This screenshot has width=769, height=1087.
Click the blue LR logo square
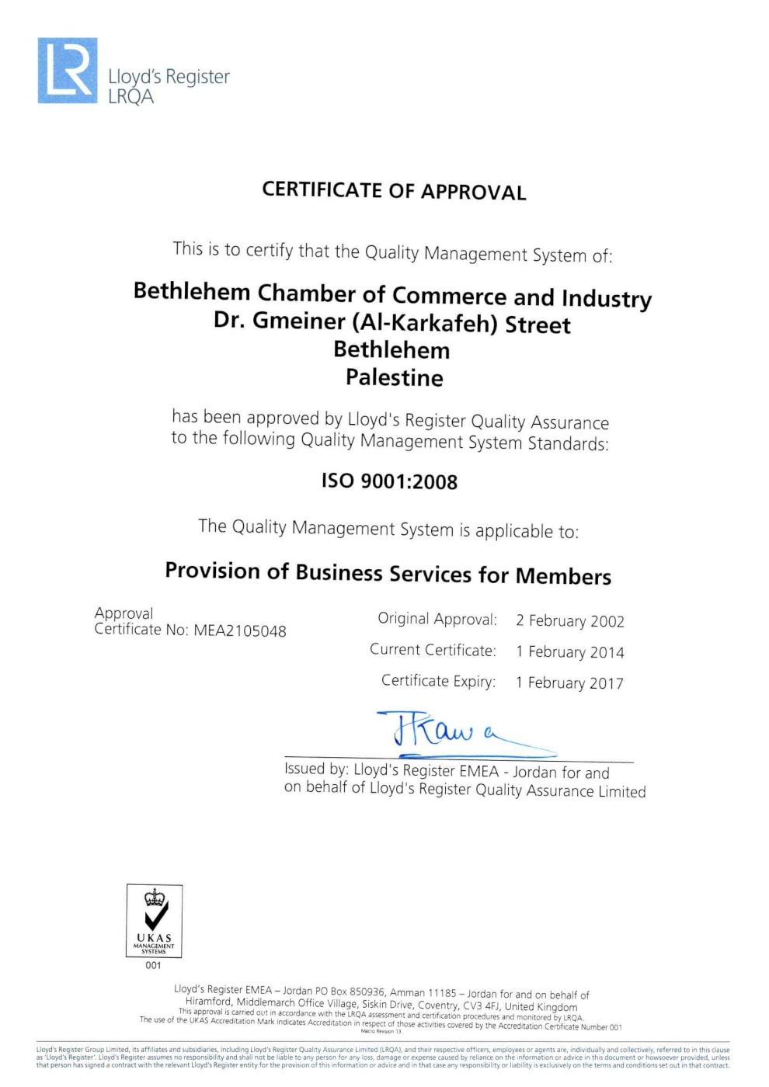(68, 71)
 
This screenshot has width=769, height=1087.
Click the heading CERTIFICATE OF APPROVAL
(394, 191)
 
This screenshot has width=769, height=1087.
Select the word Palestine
(395, 378)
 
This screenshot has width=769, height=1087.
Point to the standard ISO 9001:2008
(389, 481)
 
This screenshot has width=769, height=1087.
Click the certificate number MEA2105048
(240, 631)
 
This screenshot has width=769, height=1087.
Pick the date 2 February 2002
(570, 621)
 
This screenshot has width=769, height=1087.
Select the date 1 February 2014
(570, 652)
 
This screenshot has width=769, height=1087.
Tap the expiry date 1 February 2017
(569, 683)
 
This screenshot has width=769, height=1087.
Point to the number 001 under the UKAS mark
(154, 966)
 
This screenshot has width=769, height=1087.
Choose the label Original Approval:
(437, 620)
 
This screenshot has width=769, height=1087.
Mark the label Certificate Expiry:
(438, 682)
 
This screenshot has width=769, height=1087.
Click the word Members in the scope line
(563, 577)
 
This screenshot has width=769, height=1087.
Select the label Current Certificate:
(433, 651)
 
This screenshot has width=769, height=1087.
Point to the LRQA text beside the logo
(131, 97)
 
